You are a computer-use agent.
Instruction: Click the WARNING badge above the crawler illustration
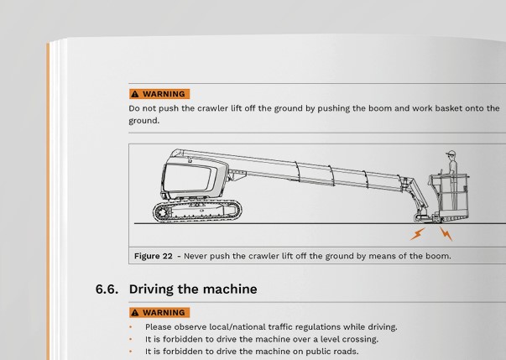(x=159, y=94)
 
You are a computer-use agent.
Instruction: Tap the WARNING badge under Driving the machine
(x=159, y=313)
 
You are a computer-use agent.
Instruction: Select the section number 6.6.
(x=109, y=290)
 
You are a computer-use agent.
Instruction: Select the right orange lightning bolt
(x=446, y=233)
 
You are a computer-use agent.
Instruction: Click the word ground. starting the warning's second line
(x=143, y=120)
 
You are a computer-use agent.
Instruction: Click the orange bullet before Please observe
(x=131, y=327)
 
